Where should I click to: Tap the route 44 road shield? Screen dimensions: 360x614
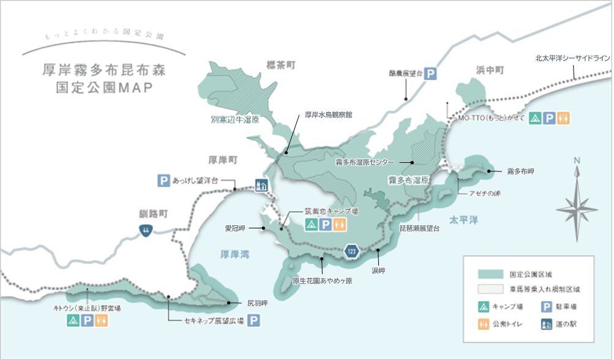[x=145, y=230]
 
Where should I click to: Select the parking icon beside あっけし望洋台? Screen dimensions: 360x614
[x=163, y=181]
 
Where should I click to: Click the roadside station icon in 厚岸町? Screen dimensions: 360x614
[x=261, y=184]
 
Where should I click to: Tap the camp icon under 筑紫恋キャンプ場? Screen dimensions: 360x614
[x=311, y=225]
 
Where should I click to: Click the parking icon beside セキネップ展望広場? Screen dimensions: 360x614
[x=253, y=320]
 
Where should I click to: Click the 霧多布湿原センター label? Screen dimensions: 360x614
[x=365, y=163]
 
